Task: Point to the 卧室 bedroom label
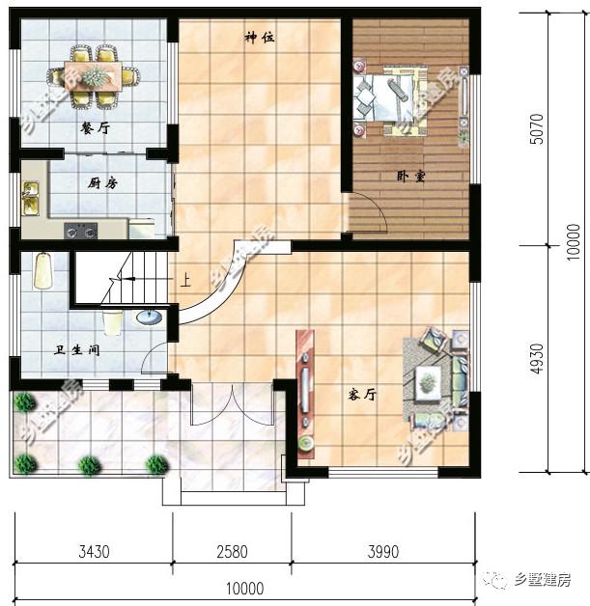[411, 176]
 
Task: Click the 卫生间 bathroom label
[78, 349]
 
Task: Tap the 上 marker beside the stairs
[184, 282]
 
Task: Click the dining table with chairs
[96, 75]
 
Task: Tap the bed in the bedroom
[390, 95]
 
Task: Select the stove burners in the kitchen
[80, 231]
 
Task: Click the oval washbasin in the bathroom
[147, 316]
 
